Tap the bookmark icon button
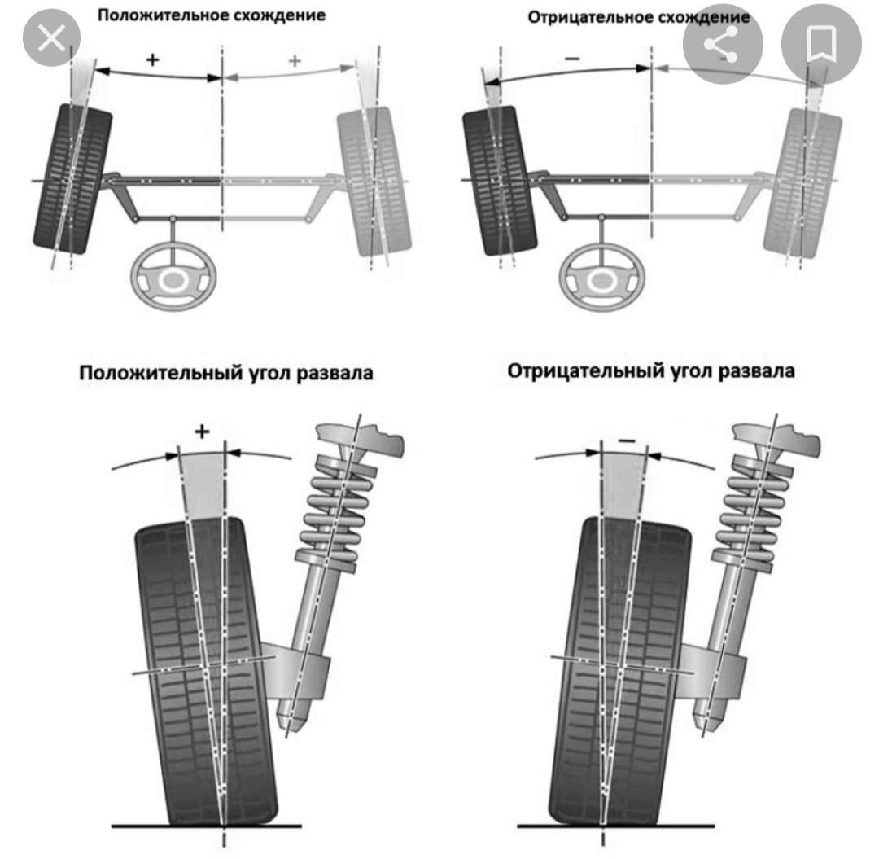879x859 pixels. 820,46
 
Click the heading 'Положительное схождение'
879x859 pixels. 212,15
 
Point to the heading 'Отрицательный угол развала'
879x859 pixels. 651,371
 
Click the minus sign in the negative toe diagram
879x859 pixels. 572,59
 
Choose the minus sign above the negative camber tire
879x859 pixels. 626,440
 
